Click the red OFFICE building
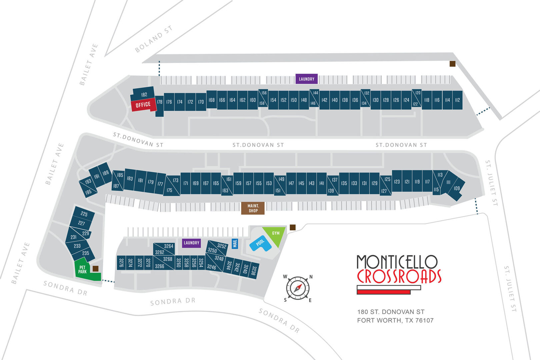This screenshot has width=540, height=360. click(143, 105)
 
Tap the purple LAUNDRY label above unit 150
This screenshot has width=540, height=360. click(306, 79)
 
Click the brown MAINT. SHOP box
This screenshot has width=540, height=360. click(253, 208)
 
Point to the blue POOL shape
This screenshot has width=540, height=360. click(260, 243)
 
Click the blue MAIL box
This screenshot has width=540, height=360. click(235, 243)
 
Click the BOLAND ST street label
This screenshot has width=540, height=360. click(154, 39)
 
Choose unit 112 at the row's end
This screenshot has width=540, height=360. click(457, 100)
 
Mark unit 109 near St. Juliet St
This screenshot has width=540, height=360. click(456, 189)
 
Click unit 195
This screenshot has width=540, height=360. click(88, 192)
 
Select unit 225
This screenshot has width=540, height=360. click(84, 214)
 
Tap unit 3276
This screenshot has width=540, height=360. click(121, 263)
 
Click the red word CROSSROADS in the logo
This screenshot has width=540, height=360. click(399, 276)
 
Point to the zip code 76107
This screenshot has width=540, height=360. click(424, 320)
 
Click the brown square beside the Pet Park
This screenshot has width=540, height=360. click(96, 269)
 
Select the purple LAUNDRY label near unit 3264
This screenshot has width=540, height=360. click(191, 243)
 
